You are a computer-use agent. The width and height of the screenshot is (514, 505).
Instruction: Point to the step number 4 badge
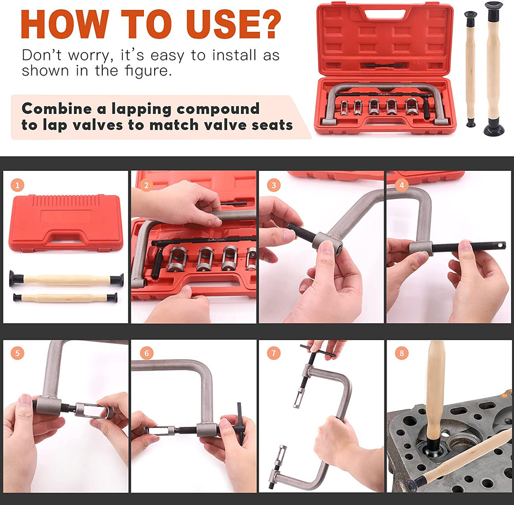click(401, 185)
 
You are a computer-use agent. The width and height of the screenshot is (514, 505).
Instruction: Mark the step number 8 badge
click(401, 354)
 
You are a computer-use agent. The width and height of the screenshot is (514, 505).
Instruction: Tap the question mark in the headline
click(265, 24)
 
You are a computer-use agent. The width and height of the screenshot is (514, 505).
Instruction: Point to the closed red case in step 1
click(66, 223)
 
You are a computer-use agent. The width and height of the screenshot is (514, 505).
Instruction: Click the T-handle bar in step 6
click(240, 423)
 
